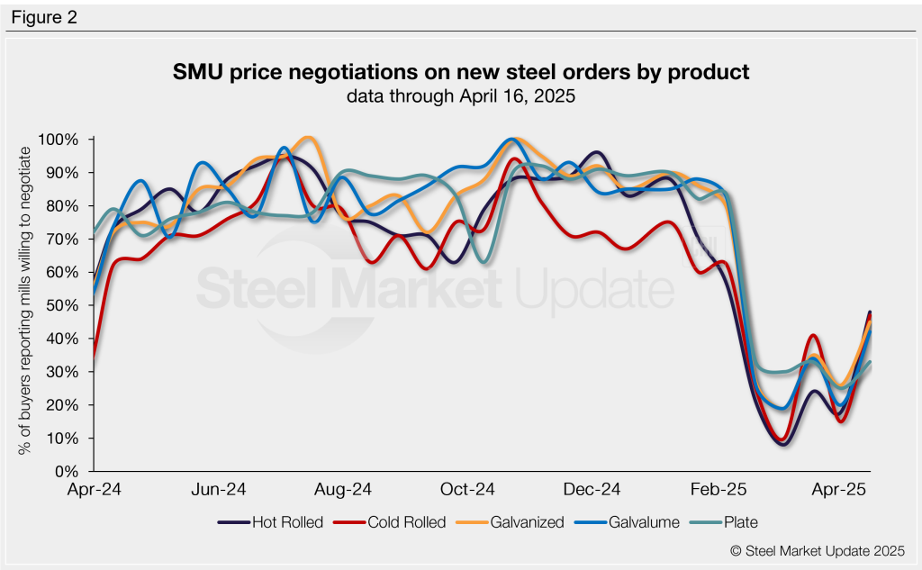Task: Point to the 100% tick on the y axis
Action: point(59,140)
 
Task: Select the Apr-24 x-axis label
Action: point(95,491)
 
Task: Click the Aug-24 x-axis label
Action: point(343,491)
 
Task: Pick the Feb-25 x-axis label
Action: point(715,491)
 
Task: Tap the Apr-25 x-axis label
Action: point(839,491)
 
